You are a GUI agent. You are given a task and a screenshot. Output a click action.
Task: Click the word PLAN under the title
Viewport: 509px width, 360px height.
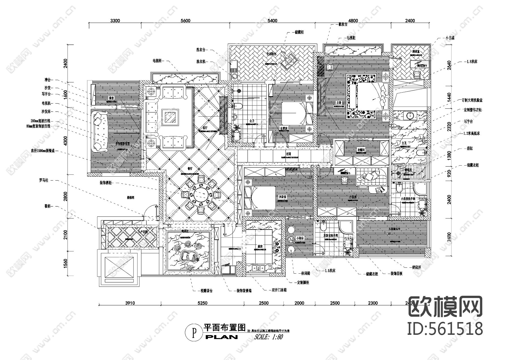pos(221,337)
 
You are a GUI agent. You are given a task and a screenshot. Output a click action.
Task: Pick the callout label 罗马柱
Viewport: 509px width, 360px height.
pos(44,180)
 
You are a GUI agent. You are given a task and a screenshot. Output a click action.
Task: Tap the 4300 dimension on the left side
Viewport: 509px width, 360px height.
pos(65,141)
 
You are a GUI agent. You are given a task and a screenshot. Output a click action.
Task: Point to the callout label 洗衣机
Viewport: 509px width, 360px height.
pos(201,61)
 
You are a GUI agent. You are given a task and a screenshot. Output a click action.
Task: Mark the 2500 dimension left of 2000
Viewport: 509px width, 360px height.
pos(264,303)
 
